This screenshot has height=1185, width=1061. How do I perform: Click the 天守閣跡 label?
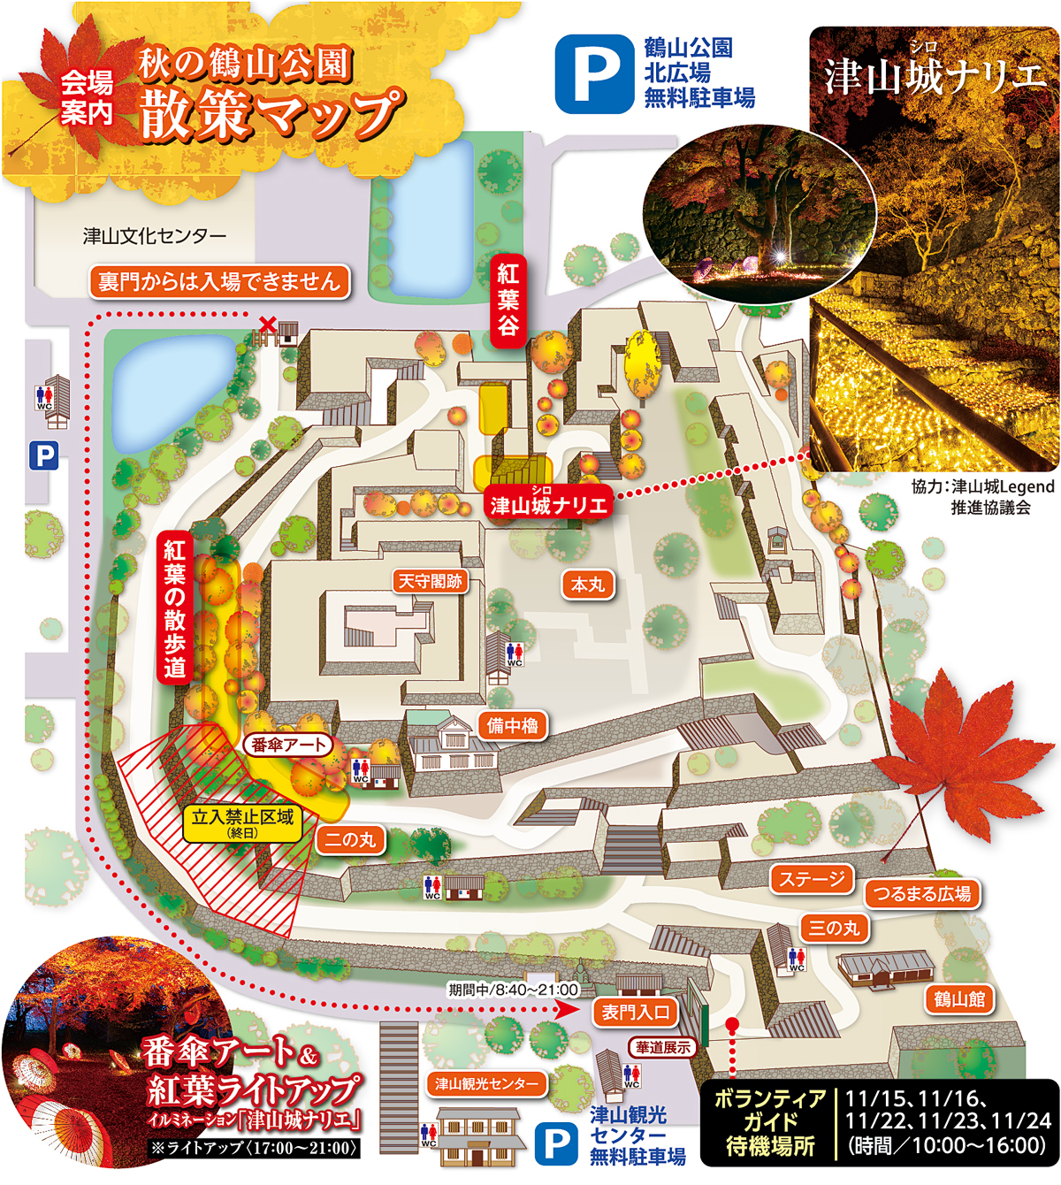(430, 581)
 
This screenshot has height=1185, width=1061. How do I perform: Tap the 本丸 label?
(587, 585)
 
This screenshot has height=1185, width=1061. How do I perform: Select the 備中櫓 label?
(512, 726)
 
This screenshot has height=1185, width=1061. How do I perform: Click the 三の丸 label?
(834, 928)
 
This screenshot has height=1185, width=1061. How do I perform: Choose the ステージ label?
(812, 879)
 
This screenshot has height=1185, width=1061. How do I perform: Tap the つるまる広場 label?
(922, 894)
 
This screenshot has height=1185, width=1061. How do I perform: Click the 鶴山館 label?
(959, 999)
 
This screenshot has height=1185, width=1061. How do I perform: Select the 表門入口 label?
(636, 1013)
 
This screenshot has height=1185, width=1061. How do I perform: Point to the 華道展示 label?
(662, 1048)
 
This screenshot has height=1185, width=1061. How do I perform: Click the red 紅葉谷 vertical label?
(508, 299)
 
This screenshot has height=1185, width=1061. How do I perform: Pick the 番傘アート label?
(287, 745)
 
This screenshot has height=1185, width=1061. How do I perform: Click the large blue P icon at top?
(594, 73)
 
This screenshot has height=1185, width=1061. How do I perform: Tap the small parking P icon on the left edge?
(43, 456)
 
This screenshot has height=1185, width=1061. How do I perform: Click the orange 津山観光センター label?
(486, 1084)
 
